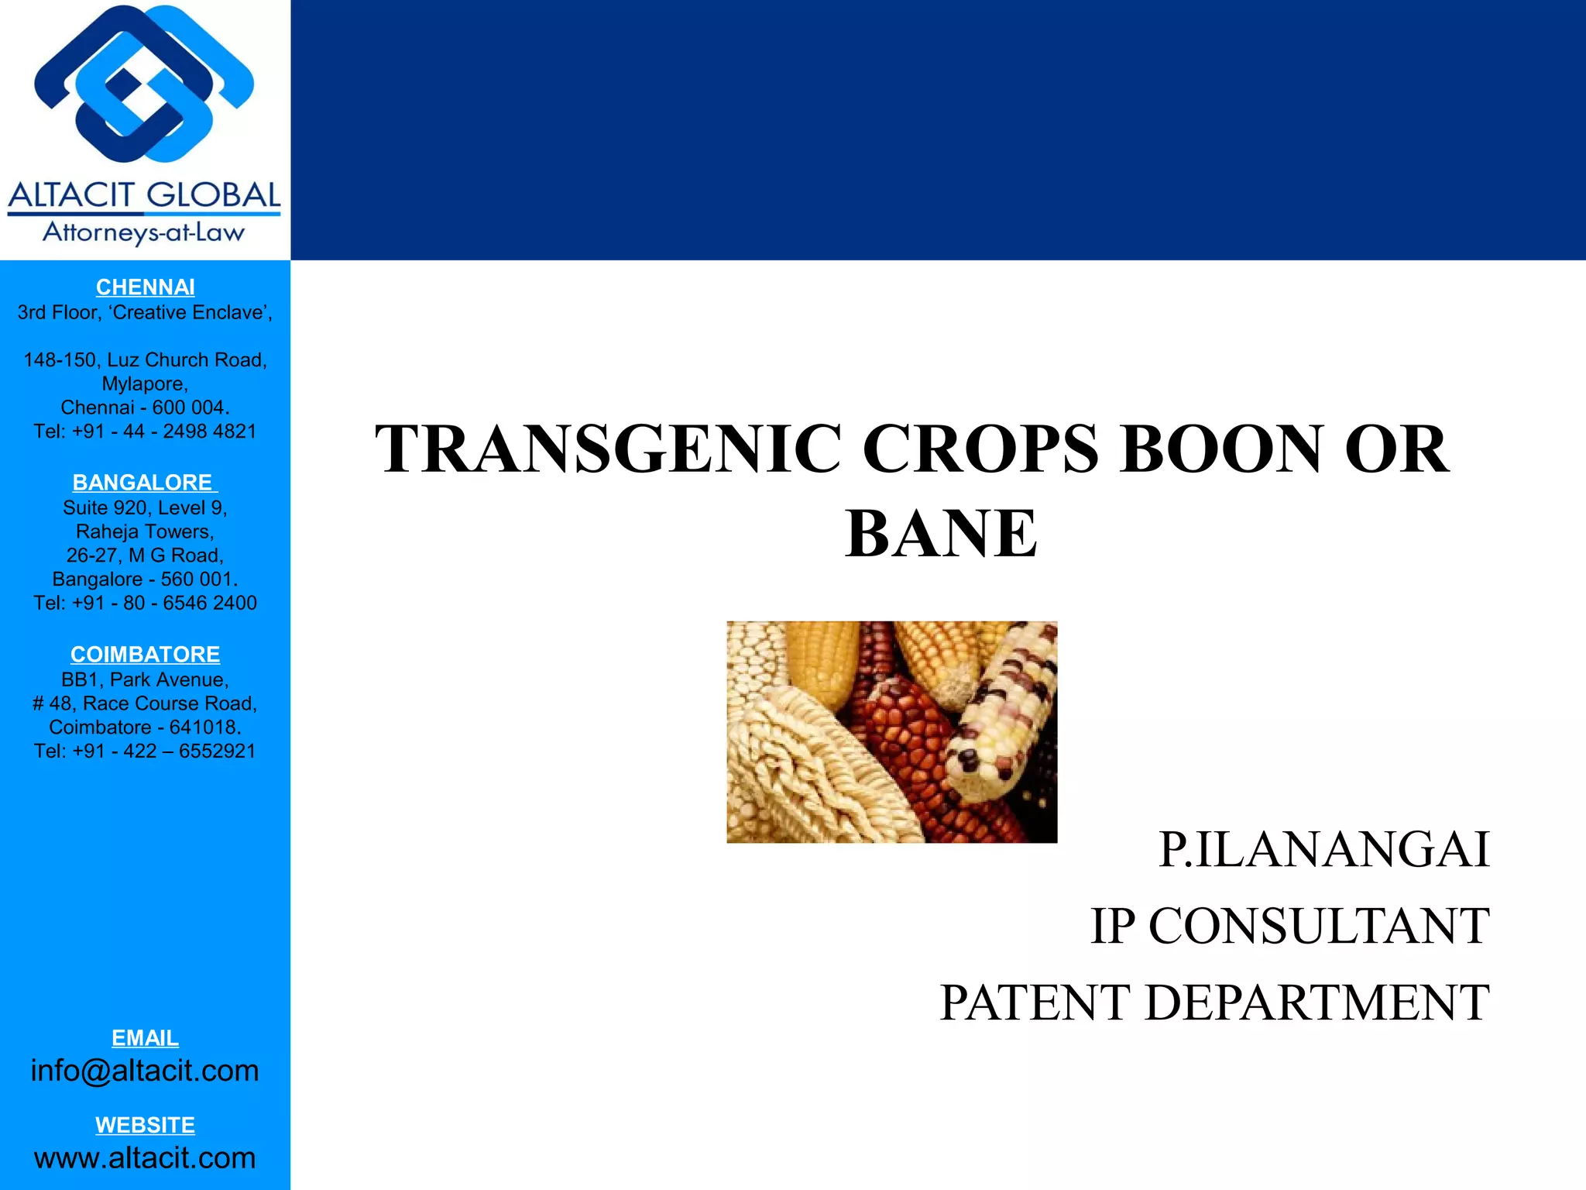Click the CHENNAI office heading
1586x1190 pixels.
(145, 287)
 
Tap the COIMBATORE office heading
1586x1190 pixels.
(145, 655)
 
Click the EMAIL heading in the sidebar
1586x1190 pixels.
(145, 1037)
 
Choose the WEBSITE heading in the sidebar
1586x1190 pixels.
(145, 1125)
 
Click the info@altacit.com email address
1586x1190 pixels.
(145, 1071)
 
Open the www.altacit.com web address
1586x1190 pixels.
(145, 1157)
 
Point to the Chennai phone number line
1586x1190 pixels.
(145, 432)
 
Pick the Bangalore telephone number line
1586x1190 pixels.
(145, 603)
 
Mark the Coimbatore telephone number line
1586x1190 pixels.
(145, 751)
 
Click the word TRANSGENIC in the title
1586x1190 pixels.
(608, 449)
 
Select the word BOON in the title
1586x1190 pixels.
(1220, 449)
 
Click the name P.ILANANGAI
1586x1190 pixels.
(1323, 850)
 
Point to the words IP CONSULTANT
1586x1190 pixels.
(1289, 926)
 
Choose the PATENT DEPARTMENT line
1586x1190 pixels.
(1214, 1003)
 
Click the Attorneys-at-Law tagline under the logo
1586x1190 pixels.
(144, 232)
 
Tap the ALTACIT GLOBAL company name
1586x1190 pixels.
(144, 195)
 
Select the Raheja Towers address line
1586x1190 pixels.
(145, 531)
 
